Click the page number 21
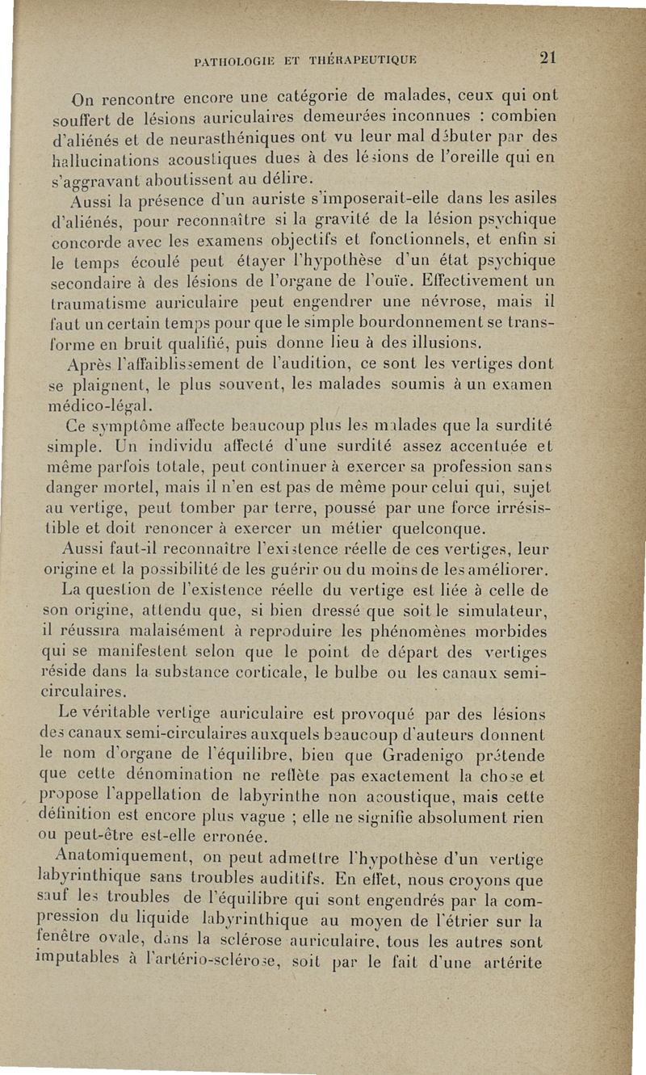click(549, 57)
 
